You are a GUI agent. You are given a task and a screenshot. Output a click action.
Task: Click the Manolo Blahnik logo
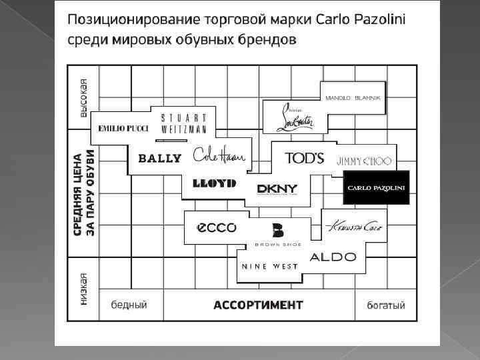(353, 97)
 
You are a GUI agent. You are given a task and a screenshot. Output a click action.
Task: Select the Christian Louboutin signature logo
(295, 117)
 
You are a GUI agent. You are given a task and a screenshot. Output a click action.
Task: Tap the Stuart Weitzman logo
(183, 123)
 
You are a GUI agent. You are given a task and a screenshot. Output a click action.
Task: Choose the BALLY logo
(159, 159)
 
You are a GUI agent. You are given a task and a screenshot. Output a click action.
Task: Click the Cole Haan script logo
(219, 156)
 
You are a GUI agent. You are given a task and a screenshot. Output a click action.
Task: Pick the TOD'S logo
(304, 159)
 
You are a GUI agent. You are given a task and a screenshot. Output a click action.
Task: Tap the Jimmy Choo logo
(365, 161)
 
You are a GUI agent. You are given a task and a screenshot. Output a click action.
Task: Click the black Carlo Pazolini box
(376, 188)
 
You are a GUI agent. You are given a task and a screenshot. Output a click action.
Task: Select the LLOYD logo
(214, 183)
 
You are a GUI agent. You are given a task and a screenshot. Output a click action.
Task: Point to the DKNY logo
(277, 189)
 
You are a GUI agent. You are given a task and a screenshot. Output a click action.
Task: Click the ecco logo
(216, 227)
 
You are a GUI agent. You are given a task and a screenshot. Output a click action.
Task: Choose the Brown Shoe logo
(278, 235)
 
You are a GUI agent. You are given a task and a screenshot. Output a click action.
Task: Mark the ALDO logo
(333, 257)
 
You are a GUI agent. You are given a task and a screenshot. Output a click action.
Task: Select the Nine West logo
(269, 267)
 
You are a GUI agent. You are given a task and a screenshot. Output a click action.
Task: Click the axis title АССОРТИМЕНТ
(258, 305)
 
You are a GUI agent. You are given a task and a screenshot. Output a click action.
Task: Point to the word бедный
(129, 305)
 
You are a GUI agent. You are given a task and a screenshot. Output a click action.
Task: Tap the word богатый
(386, 305)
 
